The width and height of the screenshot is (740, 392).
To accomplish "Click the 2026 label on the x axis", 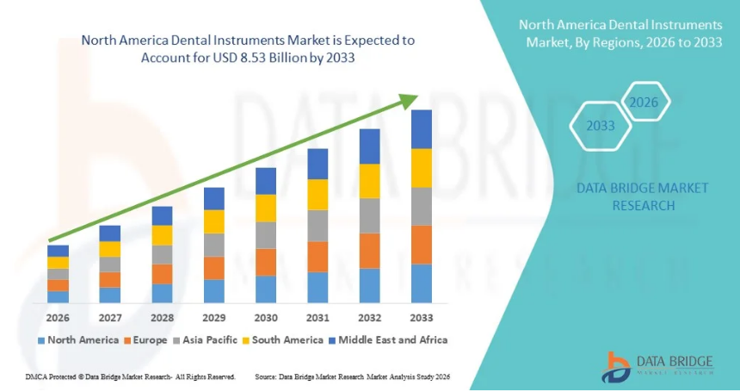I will tap(58, 318).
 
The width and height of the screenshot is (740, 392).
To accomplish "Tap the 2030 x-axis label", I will tap(265, 318).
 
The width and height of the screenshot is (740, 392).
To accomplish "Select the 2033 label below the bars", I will tap(421, 318).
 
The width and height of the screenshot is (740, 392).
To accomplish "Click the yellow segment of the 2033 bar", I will tap(421, 168).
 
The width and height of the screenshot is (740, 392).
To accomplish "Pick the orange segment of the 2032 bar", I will tap(369, 251).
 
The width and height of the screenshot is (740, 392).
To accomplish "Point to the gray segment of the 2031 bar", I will tap(318, 226).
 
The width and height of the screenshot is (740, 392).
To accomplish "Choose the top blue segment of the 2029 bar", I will tap(213, 199).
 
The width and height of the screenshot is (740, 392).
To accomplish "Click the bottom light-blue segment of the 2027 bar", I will tap(109, 296).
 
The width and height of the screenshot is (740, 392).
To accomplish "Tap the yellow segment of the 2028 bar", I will tap(162, 235).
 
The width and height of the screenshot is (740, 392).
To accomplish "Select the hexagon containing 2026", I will tap(644, 103).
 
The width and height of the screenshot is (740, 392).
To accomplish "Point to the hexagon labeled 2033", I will tap(600, 126).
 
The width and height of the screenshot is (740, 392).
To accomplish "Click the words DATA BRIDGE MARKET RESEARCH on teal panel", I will tap(643, 196).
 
